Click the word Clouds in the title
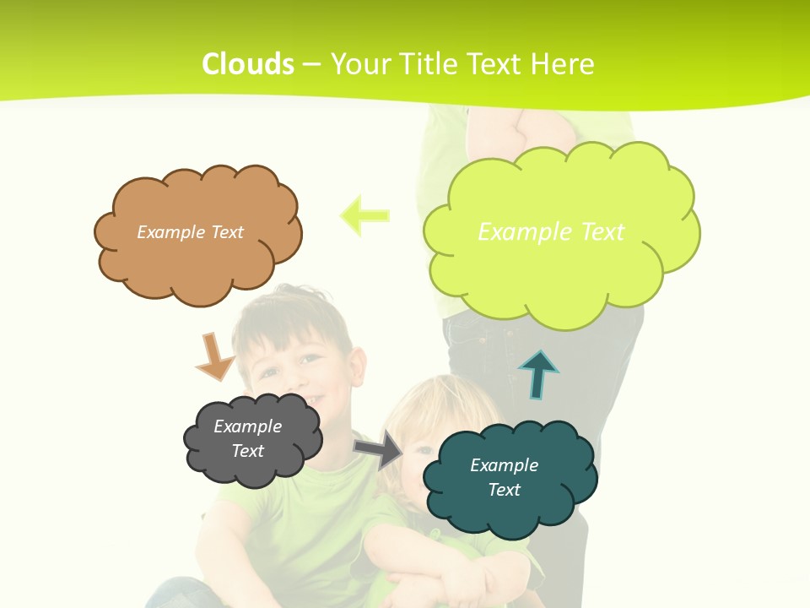coord(248,64)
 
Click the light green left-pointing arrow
coord(364,215)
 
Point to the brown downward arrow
coord(214,356)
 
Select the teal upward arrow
coord(538,374)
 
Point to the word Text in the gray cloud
coord(248,451)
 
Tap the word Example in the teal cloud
coord(504,465)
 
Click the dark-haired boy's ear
coord(357,366)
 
